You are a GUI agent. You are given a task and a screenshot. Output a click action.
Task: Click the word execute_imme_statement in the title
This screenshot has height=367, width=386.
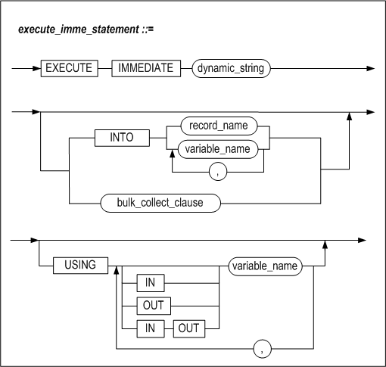(78, 30)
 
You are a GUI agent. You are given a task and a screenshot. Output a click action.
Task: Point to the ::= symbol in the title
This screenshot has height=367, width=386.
(148, 30)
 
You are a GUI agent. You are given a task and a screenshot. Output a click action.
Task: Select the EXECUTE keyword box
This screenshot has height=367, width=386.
(70, 68)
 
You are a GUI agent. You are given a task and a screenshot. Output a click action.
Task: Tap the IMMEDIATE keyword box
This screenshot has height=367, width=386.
(146, 68)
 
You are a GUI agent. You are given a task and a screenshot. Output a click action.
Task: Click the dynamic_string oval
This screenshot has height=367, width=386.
(231, 68)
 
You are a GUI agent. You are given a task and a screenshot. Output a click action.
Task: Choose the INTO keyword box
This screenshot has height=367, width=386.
(122, 138)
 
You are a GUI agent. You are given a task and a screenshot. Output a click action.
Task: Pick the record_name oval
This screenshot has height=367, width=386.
(219, 126)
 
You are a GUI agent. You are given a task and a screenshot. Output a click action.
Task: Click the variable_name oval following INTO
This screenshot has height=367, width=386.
(218, 149)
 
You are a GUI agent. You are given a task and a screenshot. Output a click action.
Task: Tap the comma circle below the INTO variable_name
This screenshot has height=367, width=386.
(218, 172)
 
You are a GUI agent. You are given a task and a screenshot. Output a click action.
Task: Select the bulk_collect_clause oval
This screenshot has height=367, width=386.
(160, 203)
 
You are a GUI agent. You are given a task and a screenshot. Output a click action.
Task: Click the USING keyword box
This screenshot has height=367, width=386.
(80, 266)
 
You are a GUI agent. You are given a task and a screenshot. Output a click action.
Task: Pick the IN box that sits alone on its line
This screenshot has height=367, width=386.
(151, 283)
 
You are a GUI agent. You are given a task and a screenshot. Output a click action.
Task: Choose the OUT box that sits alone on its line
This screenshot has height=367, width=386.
(154, 306)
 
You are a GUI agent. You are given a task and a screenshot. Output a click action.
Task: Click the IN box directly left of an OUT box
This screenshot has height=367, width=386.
(151, 328)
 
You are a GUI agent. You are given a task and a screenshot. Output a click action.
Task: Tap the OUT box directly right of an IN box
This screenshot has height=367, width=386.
(189, 328)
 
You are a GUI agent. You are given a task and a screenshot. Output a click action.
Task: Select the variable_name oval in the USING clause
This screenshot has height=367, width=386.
(265, 266)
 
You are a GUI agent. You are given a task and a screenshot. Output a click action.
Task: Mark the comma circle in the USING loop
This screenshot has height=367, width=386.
(263, 349)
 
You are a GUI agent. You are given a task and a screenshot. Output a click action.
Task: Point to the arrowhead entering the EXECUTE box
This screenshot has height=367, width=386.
(37, 68)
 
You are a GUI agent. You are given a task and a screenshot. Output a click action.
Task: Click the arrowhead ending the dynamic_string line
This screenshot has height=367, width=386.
(371, 68)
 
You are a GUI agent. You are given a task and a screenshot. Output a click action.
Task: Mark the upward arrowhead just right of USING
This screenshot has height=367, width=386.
(116, 271)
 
